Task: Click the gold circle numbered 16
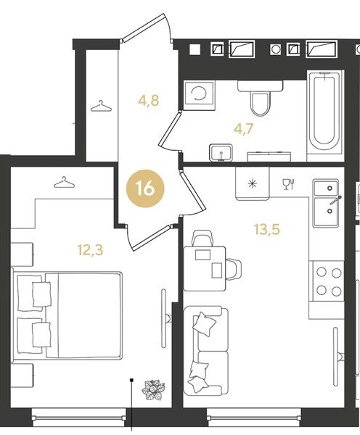(145, 188)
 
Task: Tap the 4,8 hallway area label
(149, 100)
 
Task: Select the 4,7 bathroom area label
(244, 129)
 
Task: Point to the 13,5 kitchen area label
(266, 229)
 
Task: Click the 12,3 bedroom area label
(90, 249)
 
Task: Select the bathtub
(324, 112)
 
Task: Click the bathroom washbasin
(221, 152)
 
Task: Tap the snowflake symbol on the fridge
(252, 183)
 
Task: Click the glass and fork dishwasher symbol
(288, 184)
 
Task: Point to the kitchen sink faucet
(335, 200)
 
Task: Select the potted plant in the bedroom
(154, 390)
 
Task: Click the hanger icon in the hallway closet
(101, 107)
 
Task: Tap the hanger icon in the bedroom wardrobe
(65, 182)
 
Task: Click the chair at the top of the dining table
(203, 238)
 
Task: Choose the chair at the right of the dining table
(234, 269)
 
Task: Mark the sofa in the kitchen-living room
(206, 350)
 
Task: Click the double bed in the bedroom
(67, 315)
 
